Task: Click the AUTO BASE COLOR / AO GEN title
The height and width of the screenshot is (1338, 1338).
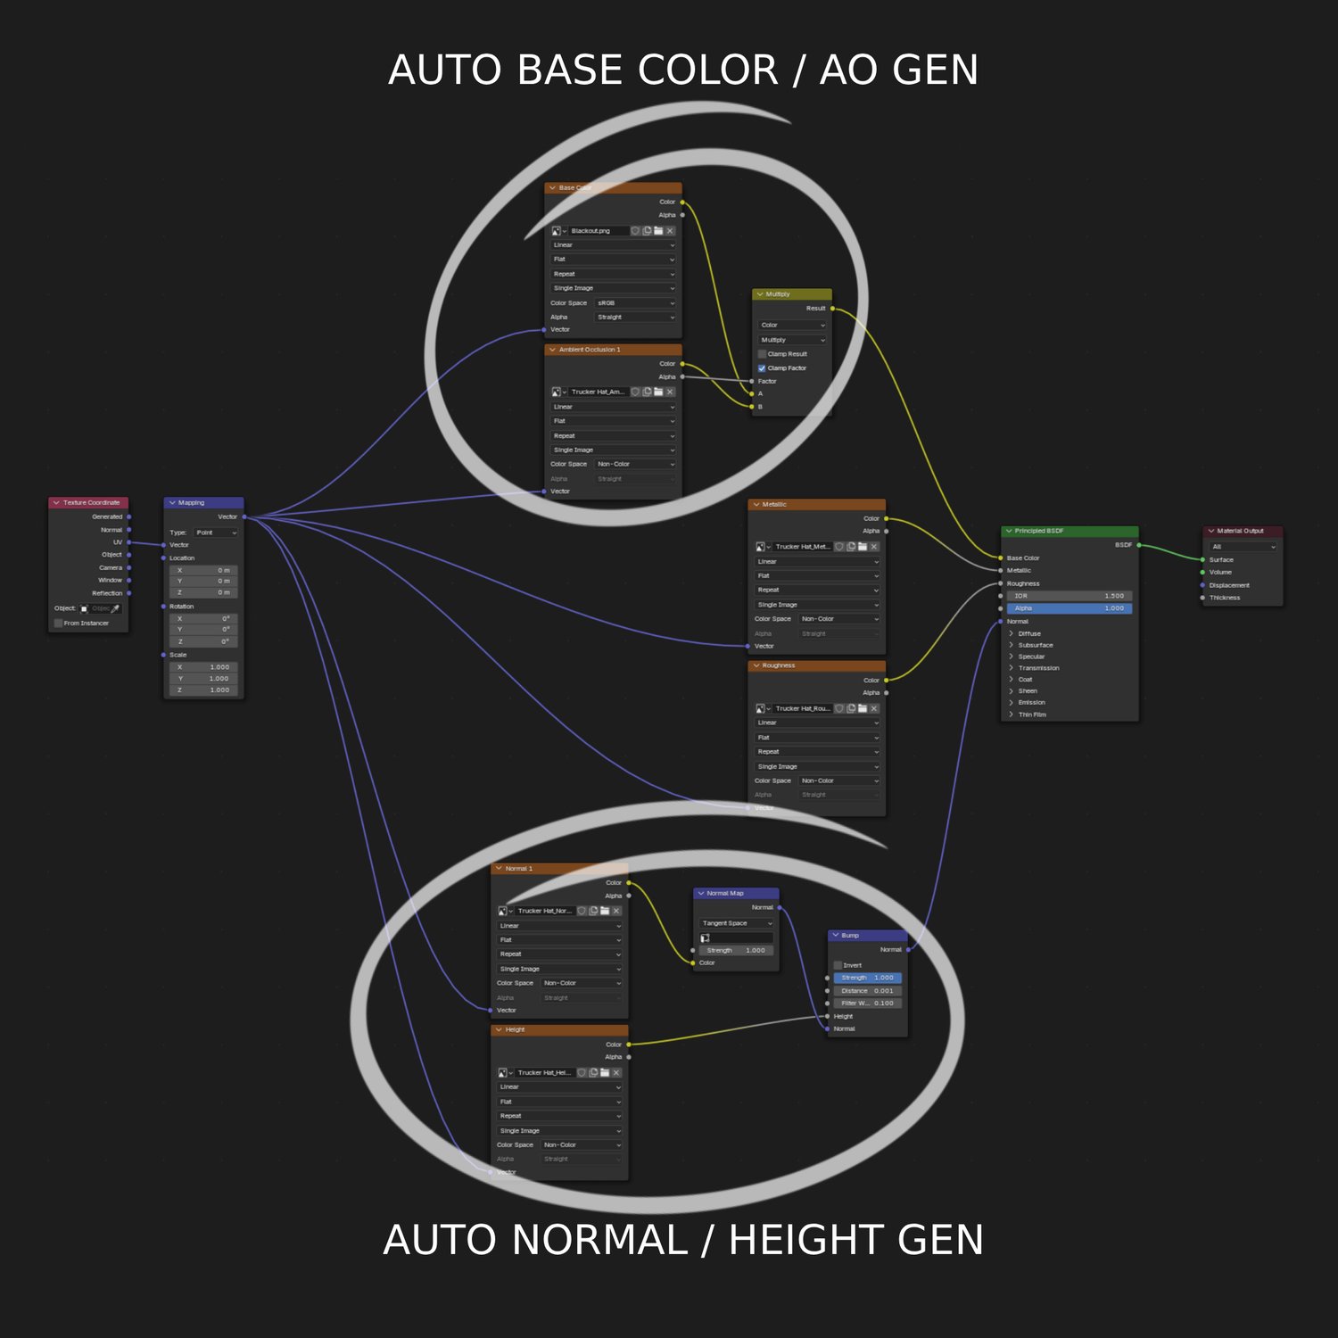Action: click(683, 70)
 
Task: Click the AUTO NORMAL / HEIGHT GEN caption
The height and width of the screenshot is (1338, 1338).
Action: click(683, 1240)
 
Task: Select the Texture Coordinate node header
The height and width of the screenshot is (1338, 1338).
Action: click(89, 503)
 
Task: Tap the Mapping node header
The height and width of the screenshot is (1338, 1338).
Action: click(203, 503)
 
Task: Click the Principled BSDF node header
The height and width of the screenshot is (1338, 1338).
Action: click(1070, 531)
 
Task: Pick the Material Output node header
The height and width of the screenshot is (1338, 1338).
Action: click(1243, 531)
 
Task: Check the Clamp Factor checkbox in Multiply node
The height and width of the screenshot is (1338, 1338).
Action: click(762, 368)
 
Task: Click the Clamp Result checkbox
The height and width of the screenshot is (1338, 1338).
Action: click(762, 354)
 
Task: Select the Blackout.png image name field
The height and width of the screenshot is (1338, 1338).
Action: click(598, 231)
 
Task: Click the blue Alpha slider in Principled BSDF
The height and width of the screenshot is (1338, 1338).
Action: click(1069, 608)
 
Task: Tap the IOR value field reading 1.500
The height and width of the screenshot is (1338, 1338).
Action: click(1069, 596)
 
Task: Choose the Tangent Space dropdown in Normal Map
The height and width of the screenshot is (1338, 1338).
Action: click(737, 923)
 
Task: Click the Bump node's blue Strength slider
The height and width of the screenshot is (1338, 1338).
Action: click(867, 978)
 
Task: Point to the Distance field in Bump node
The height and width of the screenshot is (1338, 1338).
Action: click(867, 991)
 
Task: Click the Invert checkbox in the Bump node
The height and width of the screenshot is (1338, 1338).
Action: click(838, 965)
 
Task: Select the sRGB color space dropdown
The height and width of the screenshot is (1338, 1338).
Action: click(635, 303)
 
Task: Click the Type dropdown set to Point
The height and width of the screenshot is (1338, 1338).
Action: click(216, 533)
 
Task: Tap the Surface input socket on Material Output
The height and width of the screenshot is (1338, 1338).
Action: click(1202, 560)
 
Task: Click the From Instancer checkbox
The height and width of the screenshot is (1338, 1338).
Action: click(59, 624)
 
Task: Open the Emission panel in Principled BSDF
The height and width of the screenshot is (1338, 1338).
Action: click(1031, 703)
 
